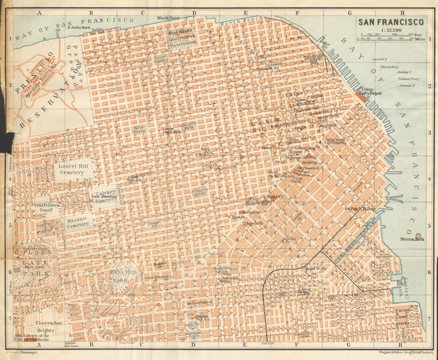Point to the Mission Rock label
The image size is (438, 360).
click(413, 239)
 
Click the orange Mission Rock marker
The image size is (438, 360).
click(418, 235)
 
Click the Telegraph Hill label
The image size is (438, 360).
click(312, 59)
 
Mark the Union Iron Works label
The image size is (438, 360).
click(404, 316)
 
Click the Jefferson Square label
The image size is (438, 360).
click(199, 192)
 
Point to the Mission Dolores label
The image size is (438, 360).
click(199, 302)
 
